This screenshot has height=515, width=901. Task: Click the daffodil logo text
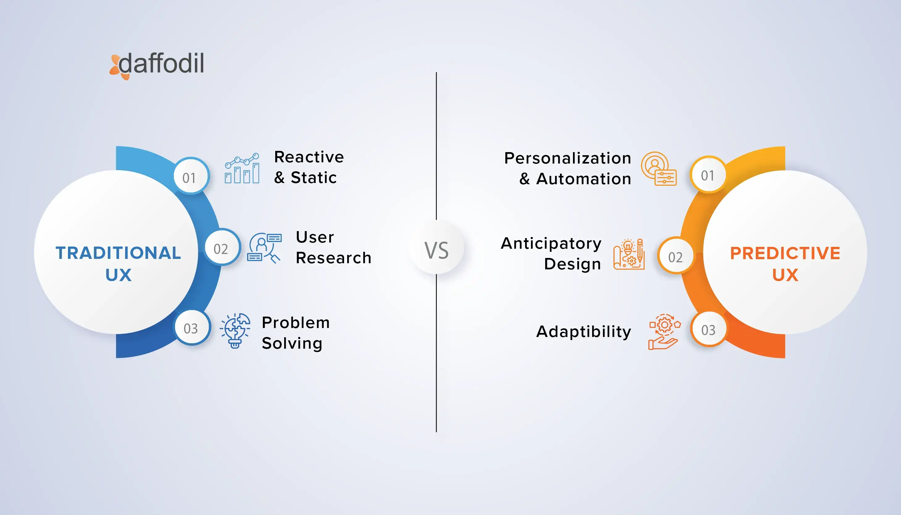[x=162, y=63]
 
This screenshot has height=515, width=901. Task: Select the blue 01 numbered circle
[x=191, y=176]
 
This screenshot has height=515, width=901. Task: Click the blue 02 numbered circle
[x=222, y=247]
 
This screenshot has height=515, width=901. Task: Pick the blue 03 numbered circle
[x=192, y=327]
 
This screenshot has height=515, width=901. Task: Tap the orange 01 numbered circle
[x=708, y=174]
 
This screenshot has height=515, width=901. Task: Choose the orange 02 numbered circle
[x=676, y=256]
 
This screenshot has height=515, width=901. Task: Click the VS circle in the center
[x=436, y=247]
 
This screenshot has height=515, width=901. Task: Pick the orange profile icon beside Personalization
[x=659, y=169]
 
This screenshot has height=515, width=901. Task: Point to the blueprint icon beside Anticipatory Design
[x=629, y=254]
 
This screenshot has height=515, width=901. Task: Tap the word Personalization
[x=568, y=158]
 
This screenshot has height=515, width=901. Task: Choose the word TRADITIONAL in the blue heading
[x=118, y=253]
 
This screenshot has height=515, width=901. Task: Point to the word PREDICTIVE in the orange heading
[x=785, y=253]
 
